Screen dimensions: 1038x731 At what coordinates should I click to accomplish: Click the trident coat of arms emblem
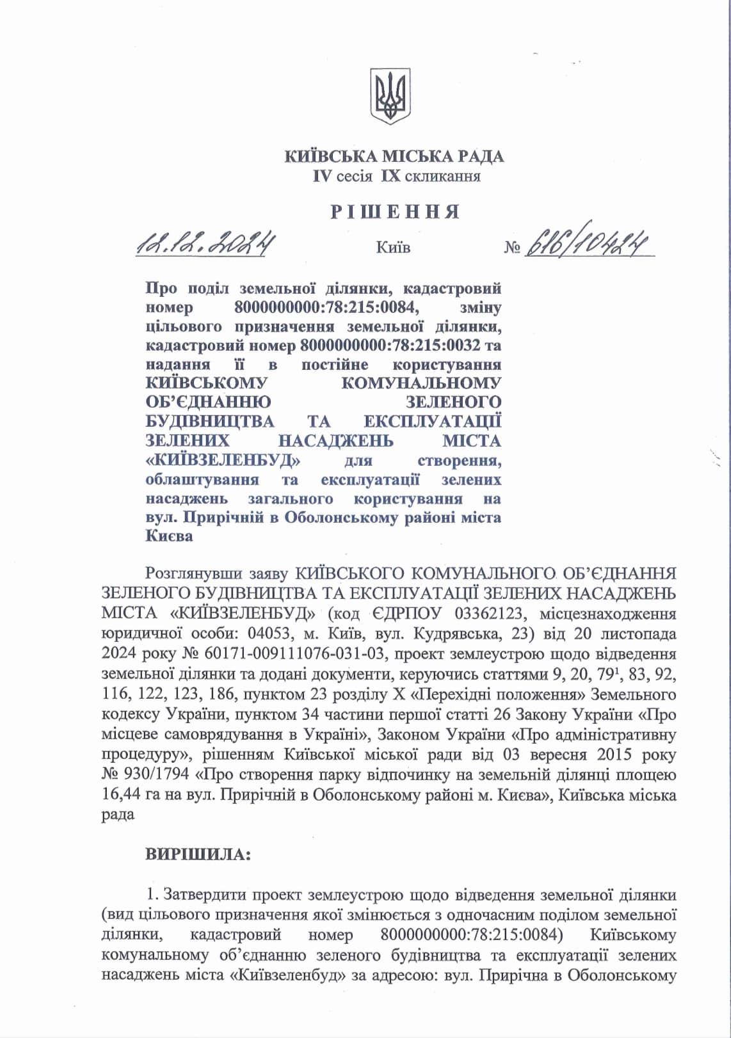click(x=390, y=98)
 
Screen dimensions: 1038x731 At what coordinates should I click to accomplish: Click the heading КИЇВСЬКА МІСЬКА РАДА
click(x=394, y=156)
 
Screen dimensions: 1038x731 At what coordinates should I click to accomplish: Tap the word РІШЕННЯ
click(x=394, y=212)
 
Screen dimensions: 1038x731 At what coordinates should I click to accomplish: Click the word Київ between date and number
click(x=394, y=247)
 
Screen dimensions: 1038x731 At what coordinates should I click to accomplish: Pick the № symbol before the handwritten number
click(x=511, y=247)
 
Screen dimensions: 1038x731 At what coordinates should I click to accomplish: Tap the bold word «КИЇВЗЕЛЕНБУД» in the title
click(x=224, y=461)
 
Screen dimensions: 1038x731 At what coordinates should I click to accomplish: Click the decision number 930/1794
click(x=152, y=774)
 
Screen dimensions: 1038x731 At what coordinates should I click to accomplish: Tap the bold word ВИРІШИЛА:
click(x=198, y=854)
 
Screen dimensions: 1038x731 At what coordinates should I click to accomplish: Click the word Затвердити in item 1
click(x=207, y=895)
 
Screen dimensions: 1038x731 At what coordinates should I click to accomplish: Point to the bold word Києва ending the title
click(x=169, y=536)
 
